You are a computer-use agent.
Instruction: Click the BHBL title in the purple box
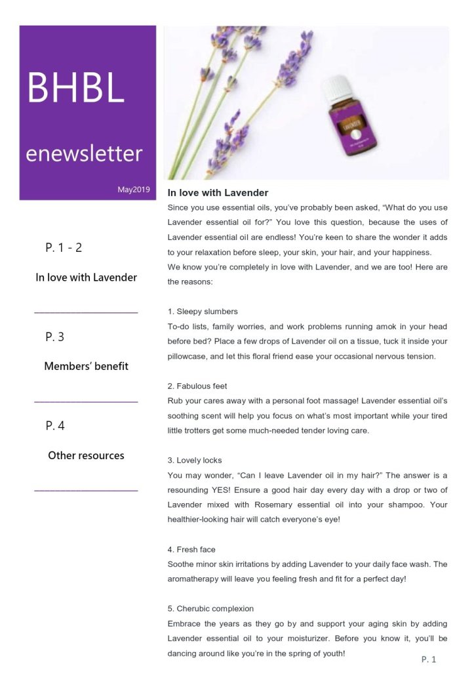(75, 88)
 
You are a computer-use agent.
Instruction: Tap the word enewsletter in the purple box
(84, 154)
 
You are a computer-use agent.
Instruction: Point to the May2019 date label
(134, 190)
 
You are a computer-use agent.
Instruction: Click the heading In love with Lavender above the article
(218, 193)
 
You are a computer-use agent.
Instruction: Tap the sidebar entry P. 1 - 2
(64, 248)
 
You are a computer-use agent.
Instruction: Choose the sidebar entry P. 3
(55, 337)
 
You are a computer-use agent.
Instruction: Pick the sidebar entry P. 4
(55, 426)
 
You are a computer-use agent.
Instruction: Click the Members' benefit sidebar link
(86, 366)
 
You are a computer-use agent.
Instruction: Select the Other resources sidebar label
(86, 455)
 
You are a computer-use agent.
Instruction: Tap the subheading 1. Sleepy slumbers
(203, 312)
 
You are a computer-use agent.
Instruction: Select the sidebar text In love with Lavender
(86, 277)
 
